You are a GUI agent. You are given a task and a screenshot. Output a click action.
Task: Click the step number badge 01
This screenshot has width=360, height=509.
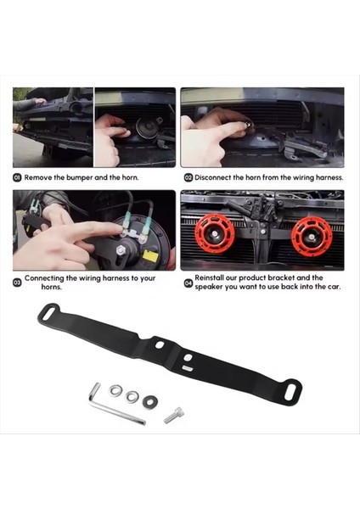pos(17,178)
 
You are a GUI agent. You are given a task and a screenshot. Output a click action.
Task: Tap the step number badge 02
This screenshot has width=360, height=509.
pos(188,178)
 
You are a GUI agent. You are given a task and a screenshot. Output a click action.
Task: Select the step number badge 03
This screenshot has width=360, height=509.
pos(17,282)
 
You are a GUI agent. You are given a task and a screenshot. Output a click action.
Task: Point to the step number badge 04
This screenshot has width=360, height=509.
pos(188,282)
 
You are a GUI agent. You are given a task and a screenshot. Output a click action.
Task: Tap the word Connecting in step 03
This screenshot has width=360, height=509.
pos(47,277)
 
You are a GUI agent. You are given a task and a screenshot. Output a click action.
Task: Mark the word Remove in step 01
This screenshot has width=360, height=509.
pos(39,178)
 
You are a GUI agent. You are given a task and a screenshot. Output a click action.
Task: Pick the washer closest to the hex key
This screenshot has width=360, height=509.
pos(115,389)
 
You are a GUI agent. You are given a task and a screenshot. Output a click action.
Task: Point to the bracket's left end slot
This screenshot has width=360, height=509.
pos(46,314)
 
